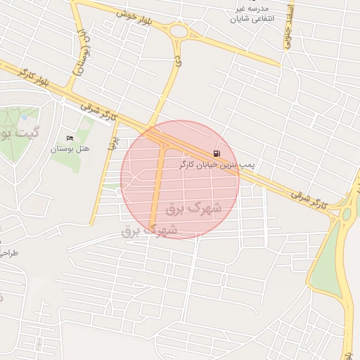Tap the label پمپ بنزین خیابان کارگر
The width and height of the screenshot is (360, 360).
tap(217, 164)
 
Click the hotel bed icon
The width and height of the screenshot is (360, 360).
tap(68, 138)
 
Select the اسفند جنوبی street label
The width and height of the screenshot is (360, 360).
tap(288, 30)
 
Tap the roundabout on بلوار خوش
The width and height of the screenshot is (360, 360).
tap(176, 31)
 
